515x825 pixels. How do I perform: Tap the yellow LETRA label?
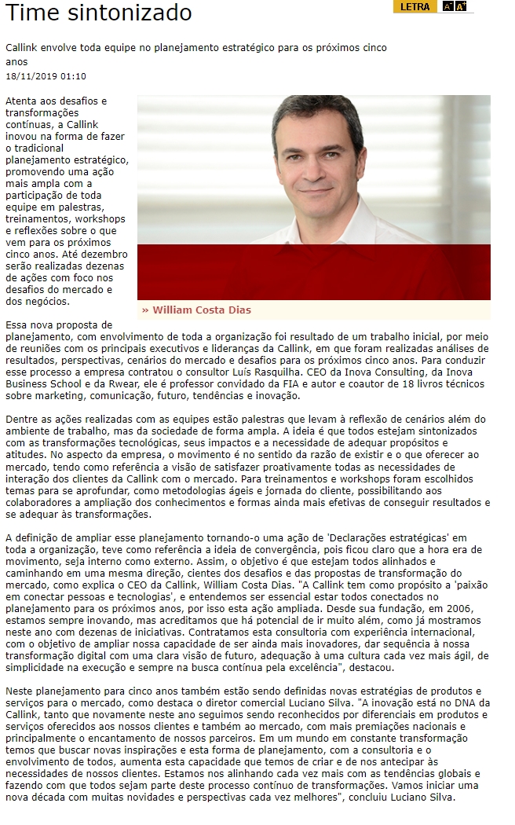click(415, 6)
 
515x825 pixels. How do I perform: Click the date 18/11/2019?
click(31, 76)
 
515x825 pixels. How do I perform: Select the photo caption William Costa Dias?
click(202, 310)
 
